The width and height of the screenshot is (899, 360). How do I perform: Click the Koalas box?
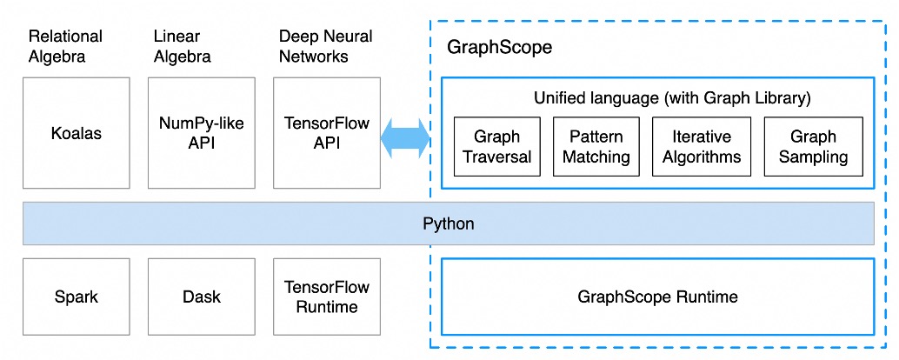(77, 132)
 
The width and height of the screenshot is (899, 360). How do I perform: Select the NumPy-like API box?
(202, 132)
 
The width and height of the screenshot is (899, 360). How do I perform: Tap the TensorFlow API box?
(327, 132)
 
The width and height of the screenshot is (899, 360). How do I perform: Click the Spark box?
(77, 297)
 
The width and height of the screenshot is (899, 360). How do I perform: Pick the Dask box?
(202, 297)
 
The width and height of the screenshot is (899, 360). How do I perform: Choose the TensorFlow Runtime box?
(327, 297)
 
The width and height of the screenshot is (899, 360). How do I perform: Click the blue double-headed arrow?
(406, 137)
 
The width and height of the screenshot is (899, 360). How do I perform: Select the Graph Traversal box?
(496, 146)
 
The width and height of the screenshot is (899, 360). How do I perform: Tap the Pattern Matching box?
(596, 146)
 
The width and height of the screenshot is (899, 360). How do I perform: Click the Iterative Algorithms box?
(702, 146)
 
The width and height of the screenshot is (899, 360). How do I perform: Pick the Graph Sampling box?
(813, 146)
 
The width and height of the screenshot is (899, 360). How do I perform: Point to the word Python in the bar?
(449, 223)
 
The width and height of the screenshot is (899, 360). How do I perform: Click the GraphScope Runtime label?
(657, 297)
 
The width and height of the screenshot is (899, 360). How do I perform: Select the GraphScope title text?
(499, 48)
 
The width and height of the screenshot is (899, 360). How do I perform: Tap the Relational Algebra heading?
(65, 46)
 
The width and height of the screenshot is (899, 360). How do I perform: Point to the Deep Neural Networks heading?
(325, 46)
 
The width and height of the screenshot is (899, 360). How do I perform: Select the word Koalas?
(77, 133)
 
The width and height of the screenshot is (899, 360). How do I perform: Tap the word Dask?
(202, 297)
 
